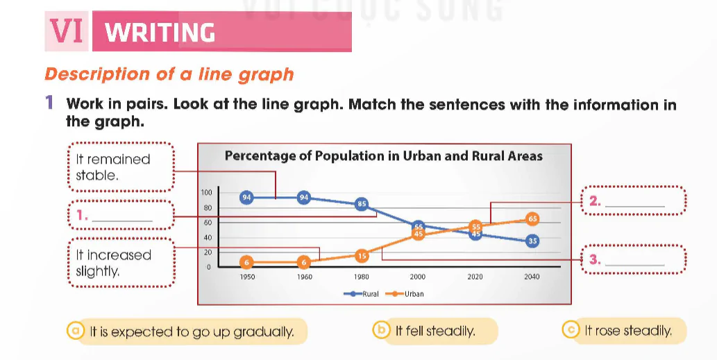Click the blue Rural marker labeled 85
pos(362,204)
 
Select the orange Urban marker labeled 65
pos(532,218)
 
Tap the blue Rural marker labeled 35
pos(532,241)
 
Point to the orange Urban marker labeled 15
pos(362,256)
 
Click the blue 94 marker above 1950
pos(246,198)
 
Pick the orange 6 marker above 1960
pos(303,262)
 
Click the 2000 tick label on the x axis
pos(417,277)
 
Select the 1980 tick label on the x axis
pos(361,277)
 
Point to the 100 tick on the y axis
pos(207,193)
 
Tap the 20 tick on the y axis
pos(208,252)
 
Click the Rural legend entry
pos(361,293)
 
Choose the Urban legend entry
pos(405,293)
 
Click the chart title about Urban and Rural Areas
pos(384,156)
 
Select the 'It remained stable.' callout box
pos(121,166)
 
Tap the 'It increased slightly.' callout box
pos(121,263)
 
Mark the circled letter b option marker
pos(381,330)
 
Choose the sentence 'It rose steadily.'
pos(628,331)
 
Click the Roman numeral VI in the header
pos(67,31)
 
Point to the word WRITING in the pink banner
pos(160,33)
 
